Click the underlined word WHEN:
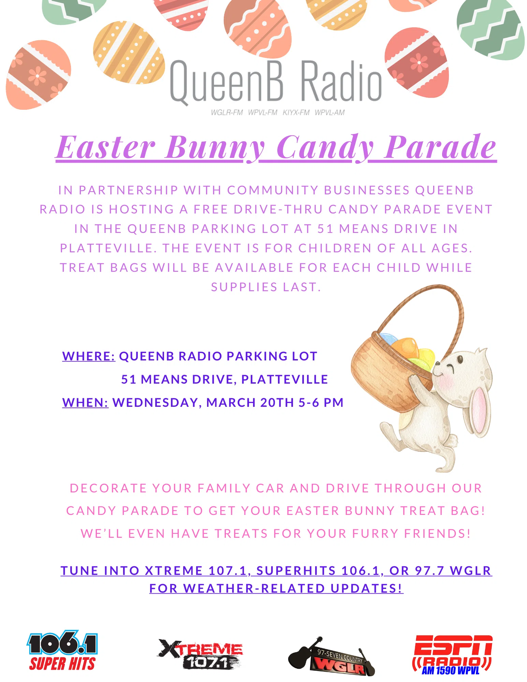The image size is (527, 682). tap(85, 403)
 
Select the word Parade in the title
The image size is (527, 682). tap(440, 148)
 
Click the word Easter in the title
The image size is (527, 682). tap(106, 148)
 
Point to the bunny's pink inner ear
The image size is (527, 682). tap(481, 411)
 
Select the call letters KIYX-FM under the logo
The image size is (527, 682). tap(296, 113)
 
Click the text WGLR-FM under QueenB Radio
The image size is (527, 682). tap(226, 113)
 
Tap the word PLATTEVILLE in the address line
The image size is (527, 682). tap(285, 380)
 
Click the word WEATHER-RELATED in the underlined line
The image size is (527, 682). tap(254, 589)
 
